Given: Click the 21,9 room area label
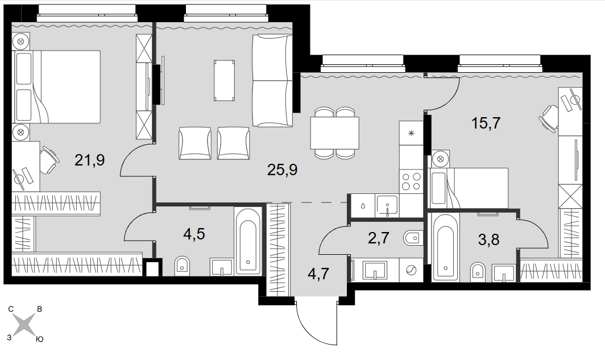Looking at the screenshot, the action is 89,160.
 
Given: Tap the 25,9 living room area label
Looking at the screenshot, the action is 282,169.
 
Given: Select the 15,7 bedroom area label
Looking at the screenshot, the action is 486,123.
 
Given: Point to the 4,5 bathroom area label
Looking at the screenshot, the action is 194,234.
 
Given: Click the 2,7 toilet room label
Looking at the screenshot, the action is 379,238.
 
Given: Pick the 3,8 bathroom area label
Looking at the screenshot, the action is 488,239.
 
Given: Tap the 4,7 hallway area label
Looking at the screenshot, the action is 318,274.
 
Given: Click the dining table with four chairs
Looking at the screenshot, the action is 334,133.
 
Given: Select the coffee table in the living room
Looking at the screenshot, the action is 225,81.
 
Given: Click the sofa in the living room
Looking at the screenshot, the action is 272,80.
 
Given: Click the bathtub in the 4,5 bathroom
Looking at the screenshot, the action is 247,242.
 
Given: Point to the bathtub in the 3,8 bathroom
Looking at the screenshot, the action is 446,247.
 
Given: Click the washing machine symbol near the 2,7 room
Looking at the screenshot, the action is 411,271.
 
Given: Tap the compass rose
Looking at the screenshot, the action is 24,325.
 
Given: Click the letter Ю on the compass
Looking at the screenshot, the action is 39,339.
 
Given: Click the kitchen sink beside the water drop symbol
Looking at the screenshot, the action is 387,205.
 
